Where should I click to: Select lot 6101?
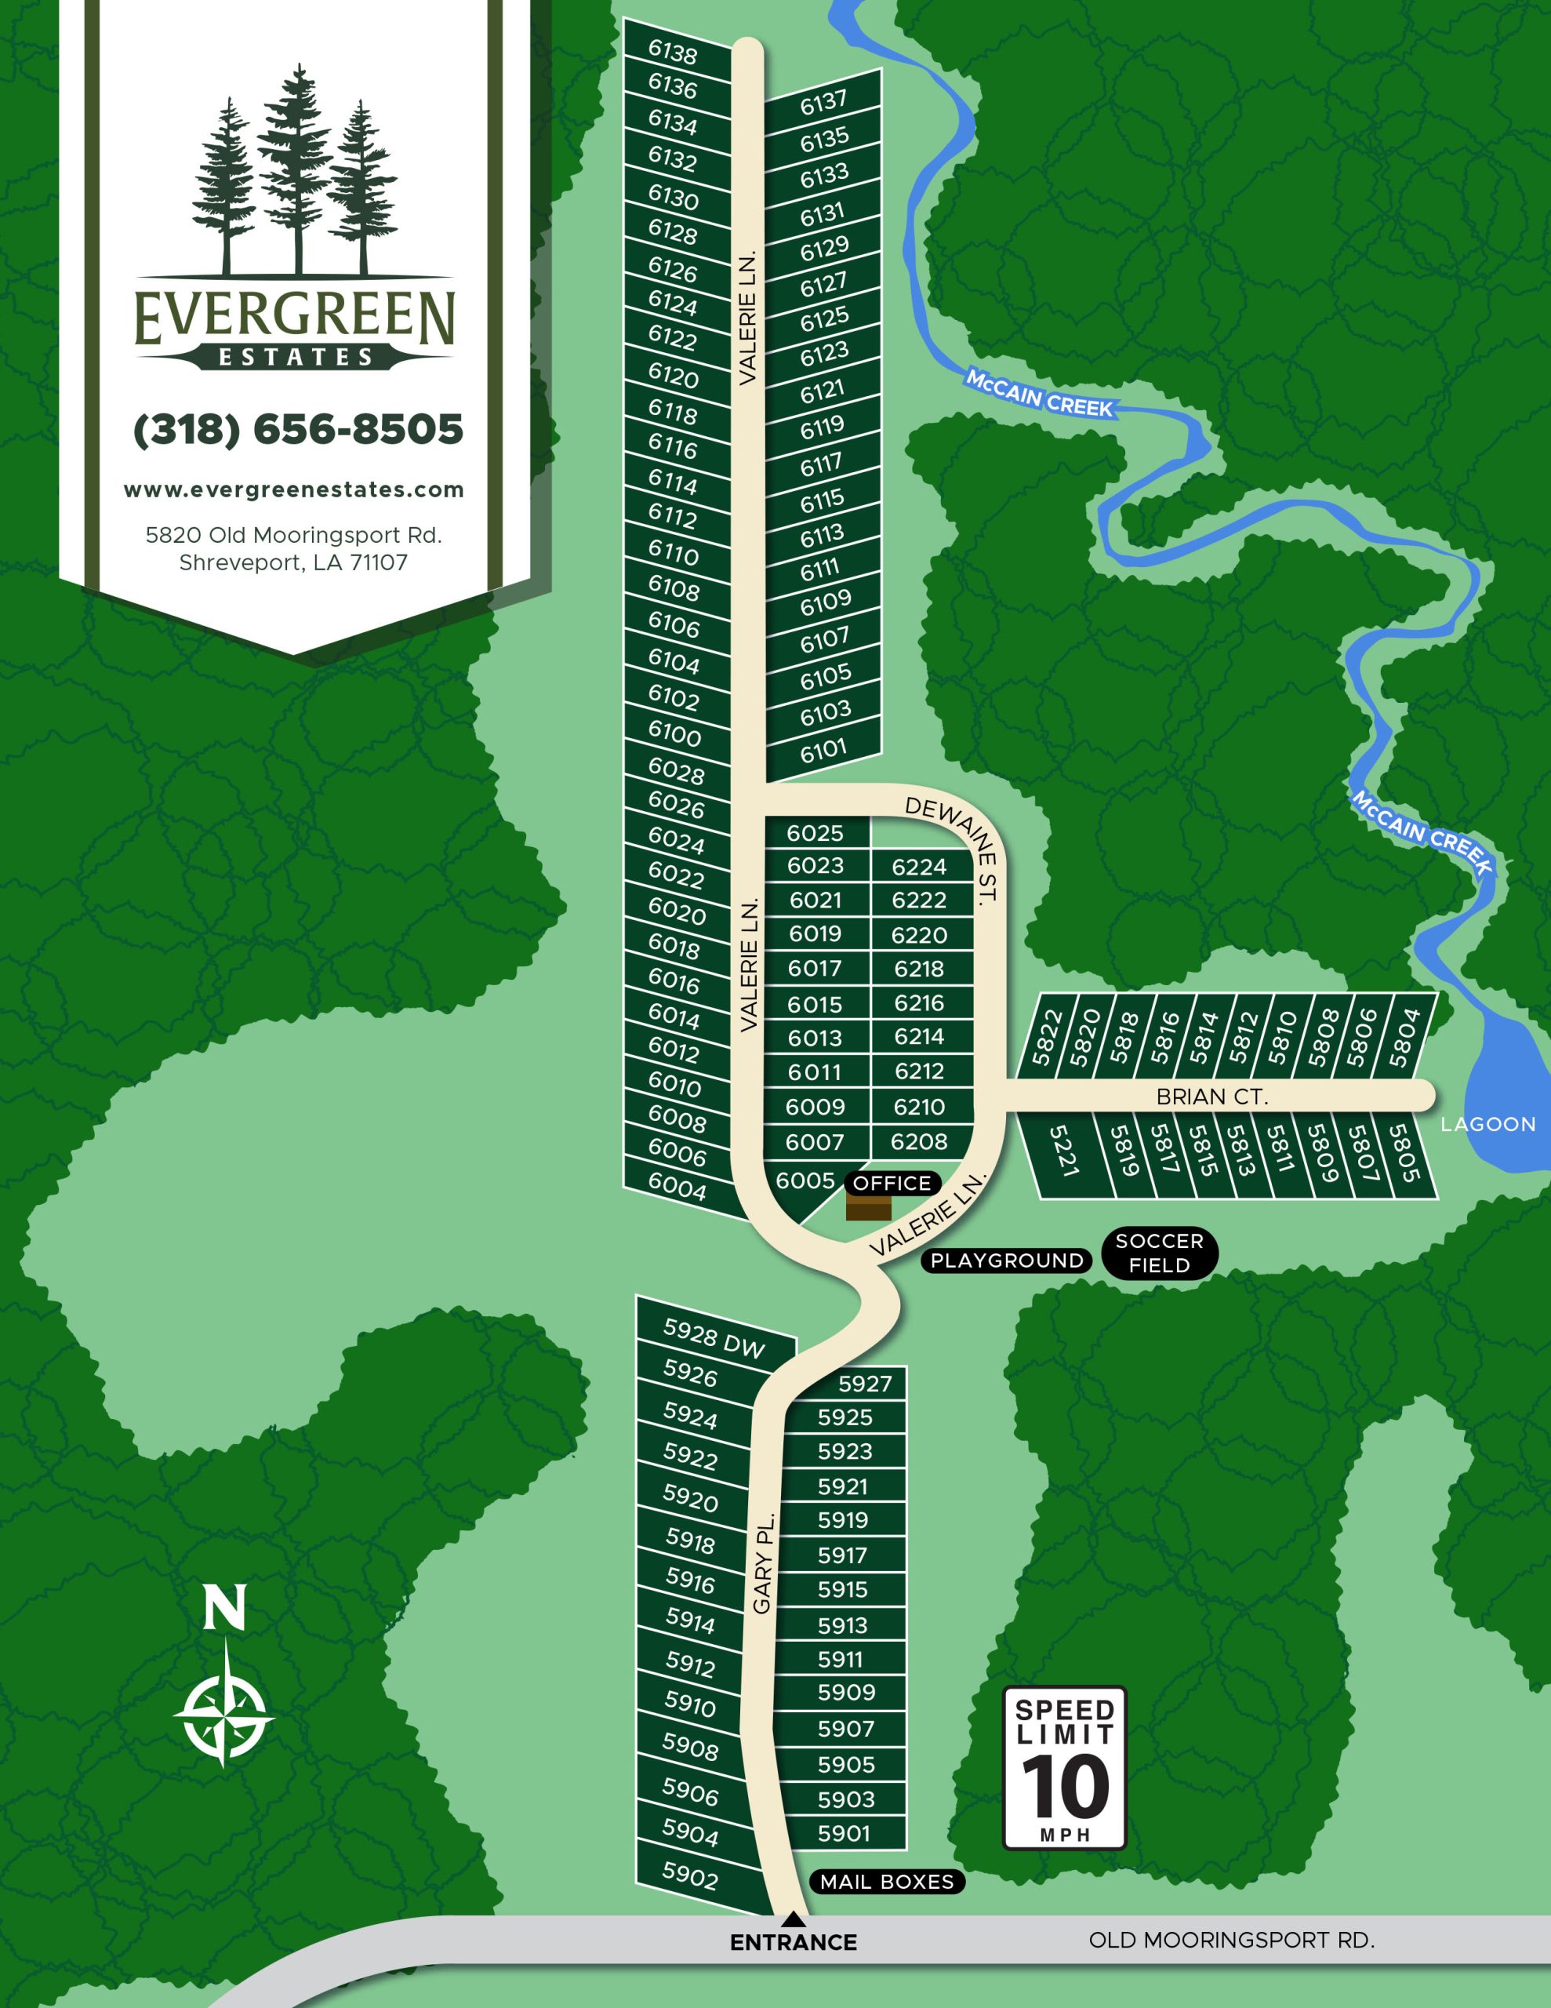click(823, 750)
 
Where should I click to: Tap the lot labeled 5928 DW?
click(714, 1337)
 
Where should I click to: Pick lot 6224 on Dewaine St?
click(918, 867)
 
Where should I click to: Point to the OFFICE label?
click(892, 1184)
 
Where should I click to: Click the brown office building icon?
click(868, 1208)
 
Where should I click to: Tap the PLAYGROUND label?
click(1007, 1260)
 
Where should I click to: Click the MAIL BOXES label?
click(887, 1882)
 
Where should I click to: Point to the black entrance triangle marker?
click(794, 1919)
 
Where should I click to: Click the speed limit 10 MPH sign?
click(1065, 1768)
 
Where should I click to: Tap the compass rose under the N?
click(223, 1715)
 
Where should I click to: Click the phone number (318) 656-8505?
click(298, 429)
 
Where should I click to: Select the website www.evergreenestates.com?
click(294, 490)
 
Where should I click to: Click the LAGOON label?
click(1487, 1125)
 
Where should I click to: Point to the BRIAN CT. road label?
click(1211, 1097)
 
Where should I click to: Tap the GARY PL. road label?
click(764, 1562)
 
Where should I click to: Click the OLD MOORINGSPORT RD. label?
click(1231, 1940)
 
